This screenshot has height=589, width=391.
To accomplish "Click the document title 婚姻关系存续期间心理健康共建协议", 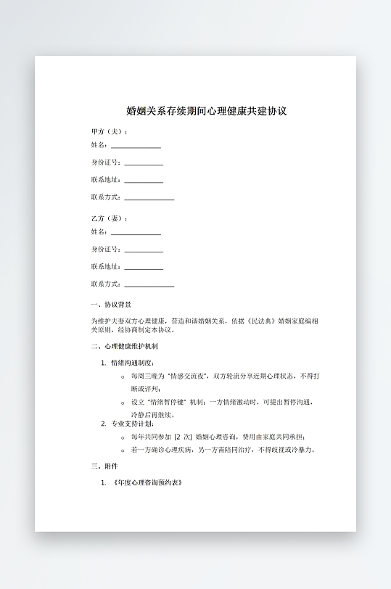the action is click(207, 112).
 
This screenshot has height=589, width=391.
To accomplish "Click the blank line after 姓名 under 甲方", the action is click(136, 147).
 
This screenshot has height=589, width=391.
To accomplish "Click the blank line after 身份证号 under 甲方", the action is click(144, 164).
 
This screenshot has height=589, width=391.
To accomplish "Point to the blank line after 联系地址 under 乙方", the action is click(144, 268).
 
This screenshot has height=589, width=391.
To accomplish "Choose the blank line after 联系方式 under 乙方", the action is click(149, 285).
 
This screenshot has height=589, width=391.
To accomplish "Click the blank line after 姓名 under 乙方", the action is click(136, 233).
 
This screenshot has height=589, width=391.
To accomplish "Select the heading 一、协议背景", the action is click(111, 305).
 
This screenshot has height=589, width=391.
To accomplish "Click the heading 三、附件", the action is click(104, 466).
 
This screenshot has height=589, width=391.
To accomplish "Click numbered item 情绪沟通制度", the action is click(132, 363).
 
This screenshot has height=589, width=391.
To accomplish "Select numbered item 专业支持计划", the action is click(132, 424).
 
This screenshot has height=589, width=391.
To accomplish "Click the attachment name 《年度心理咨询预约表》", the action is click(146, 482).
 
